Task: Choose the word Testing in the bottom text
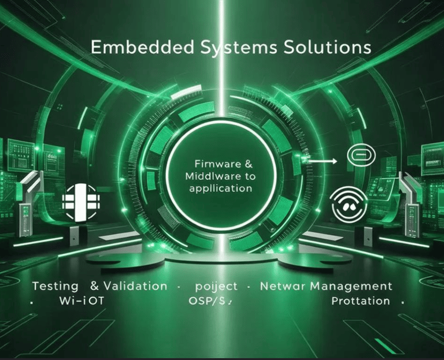pyautogui.click(x=55, y=286)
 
